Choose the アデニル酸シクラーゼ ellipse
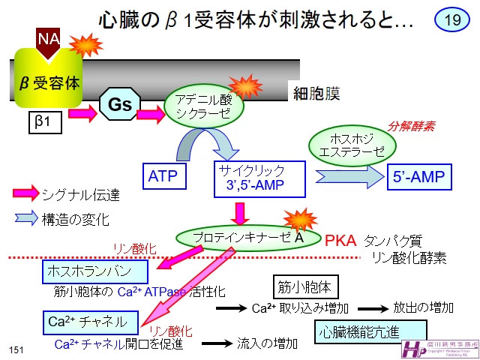[205, 106]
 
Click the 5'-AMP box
[419, 178]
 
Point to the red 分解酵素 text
[410, 126]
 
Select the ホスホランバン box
[89, 271]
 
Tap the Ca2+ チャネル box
[90, 323]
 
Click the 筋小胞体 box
[304, 286]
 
